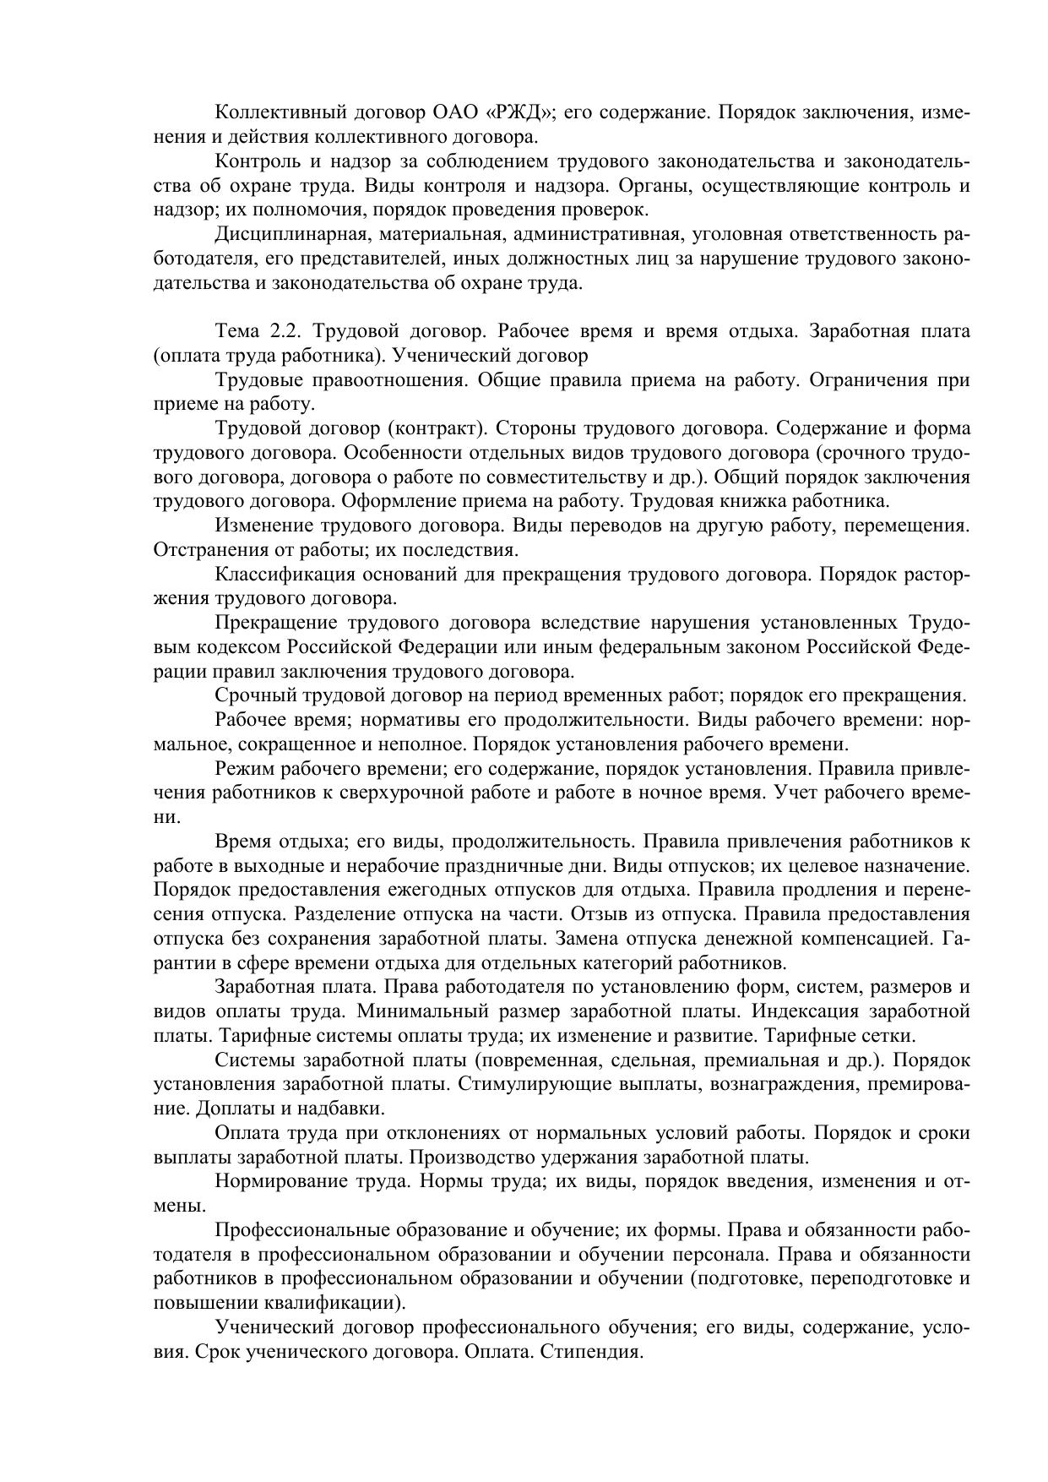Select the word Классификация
[283, 575]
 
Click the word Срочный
[251, 696]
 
